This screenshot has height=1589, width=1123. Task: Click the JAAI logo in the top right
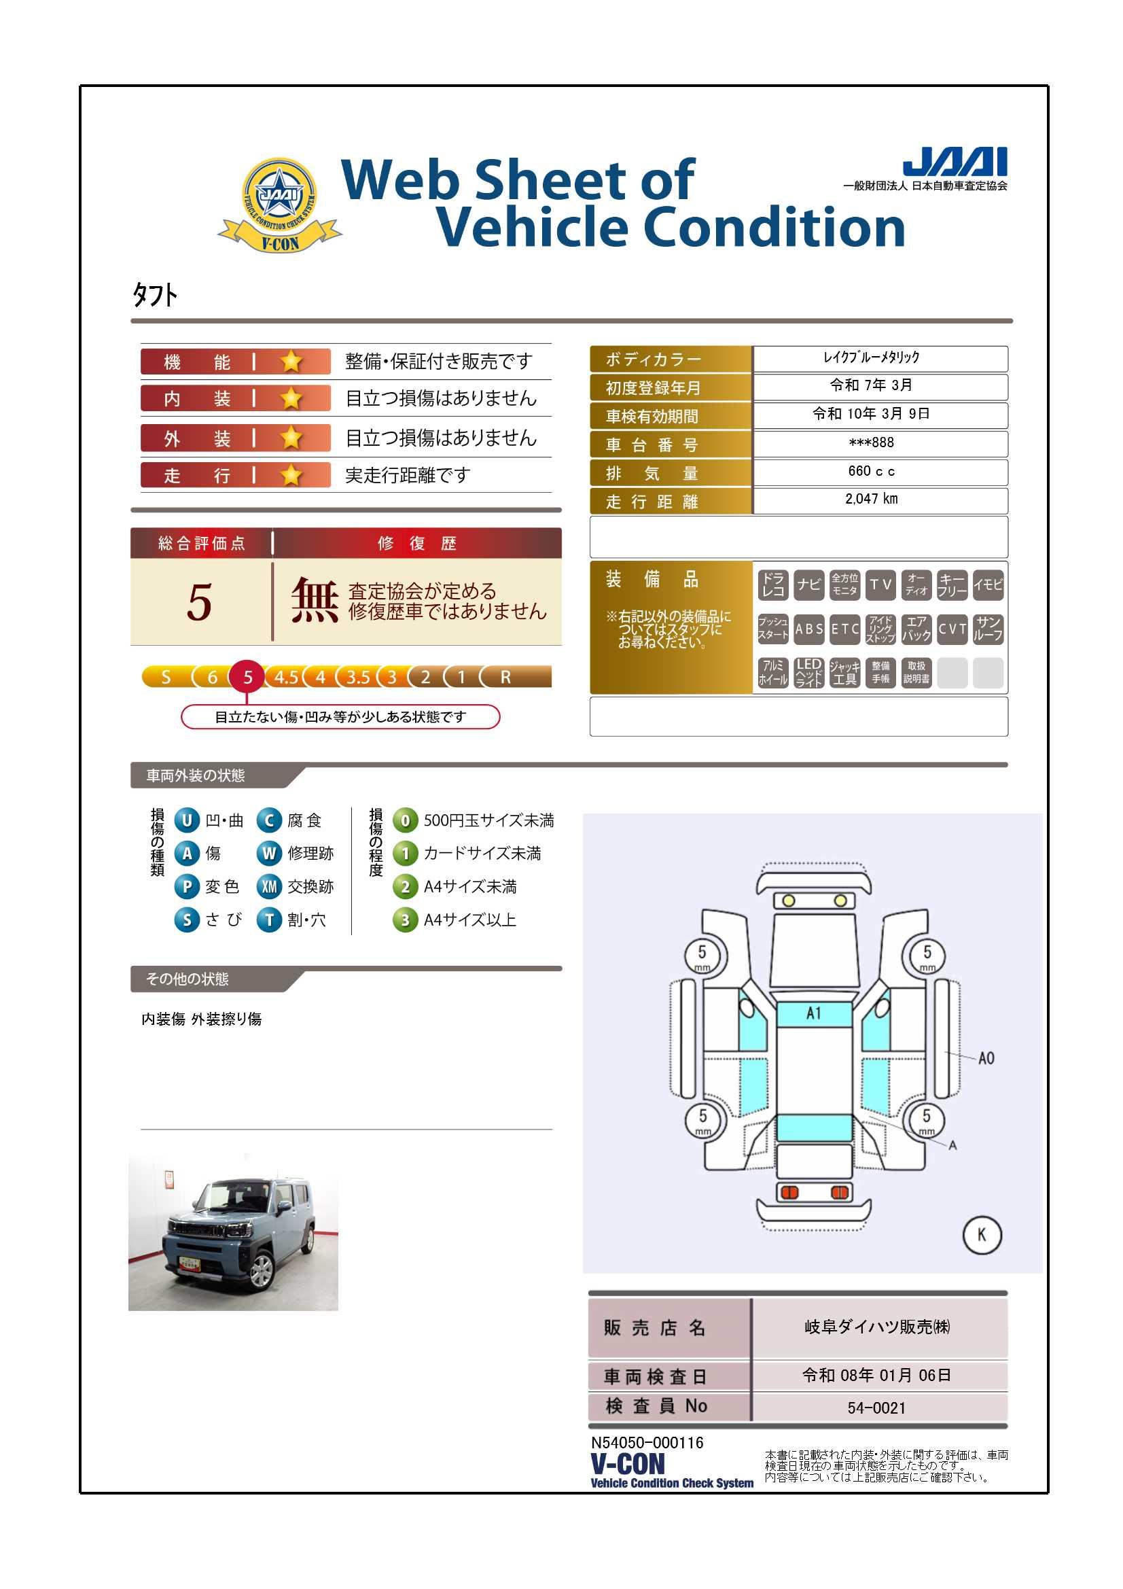955,162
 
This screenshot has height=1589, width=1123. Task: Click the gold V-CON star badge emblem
279,205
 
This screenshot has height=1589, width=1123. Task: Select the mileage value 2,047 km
871,499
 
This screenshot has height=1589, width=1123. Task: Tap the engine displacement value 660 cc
871,471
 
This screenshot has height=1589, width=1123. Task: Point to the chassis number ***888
871,442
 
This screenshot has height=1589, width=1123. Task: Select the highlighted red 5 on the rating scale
248,677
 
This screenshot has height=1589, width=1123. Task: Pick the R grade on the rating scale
506,677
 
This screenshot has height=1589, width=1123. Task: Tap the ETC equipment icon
845,629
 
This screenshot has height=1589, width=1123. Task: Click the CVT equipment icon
952,629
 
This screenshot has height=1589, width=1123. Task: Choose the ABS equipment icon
809,629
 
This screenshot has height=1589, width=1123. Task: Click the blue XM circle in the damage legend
269,886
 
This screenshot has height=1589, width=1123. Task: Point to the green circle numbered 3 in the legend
405,920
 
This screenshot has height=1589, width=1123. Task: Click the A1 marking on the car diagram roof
814,1013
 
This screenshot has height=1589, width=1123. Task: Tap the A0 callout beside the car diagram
986,1058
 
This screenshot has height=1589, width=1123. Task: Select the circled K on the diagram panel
982,1235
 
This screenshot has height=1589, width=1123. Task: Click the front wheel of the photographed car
261,1270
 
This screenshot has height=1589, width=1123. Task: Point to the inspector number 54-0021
876,1408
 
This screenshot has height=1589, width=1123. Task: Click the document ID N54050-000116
647,1442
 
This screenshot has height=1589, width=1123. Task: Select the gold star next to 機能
291,361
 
